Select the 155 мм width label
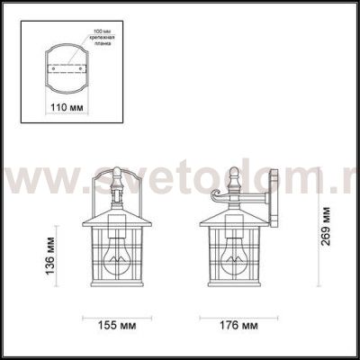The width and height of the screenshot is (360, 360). (117, 324)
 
